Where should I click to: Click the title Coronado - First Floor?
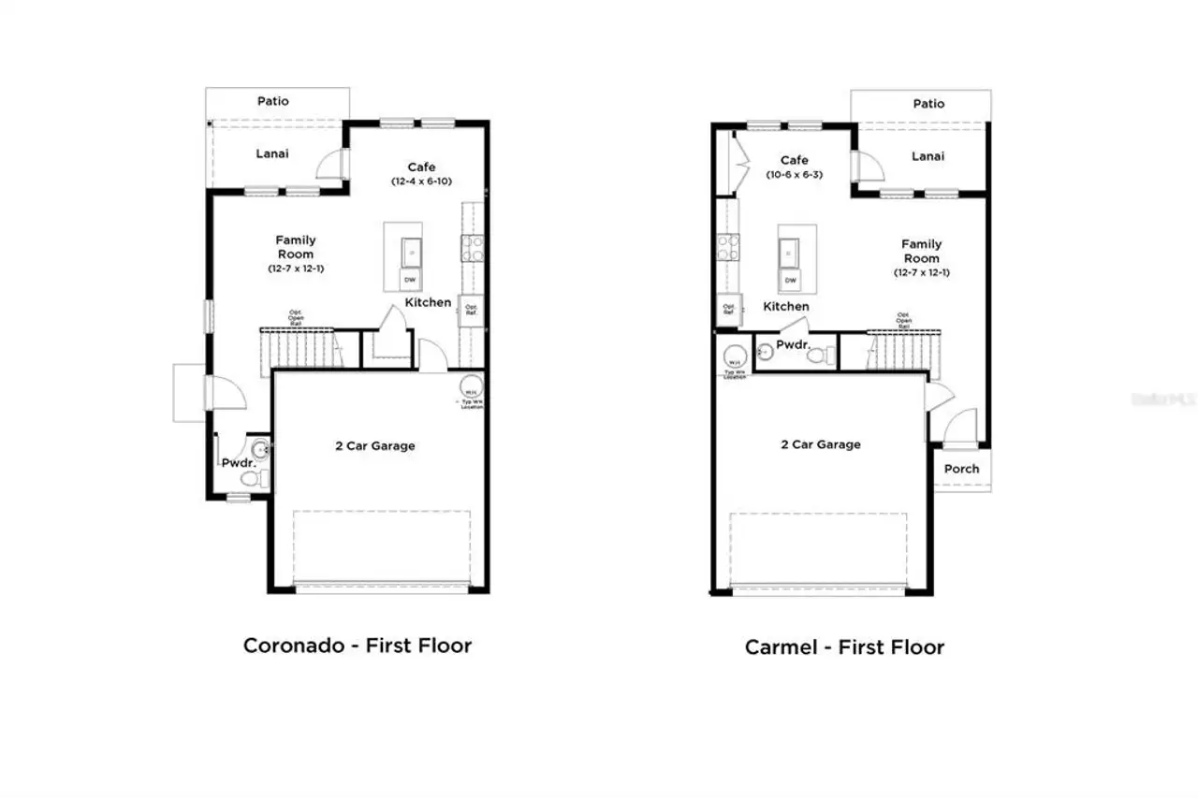pos(357,645)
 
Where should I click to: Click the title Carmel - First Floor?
pos(844,646)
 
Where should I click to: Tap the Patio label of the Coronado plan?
pos(273,101)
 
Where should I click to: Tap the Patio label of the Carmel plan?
pos(928,104)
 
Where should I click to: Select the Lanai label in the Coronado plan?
pos(272,153)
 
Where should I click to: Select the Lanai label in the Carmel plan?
pos(928,156)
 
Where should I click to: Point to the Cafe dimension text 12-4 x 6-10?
pos(421,181)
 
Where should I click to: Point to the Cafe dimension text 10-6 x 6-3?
pos(794,175)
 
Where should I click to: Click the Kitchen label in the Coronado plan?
pos(428,302)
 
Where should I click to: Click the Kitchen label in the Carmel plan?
pos(786,306)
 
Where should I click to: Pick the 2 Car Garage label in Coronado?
pos(375,446)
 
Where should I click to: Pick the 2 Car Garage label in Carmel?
pos(821,444)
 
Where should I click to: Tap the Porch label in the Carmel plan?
pos(961,469)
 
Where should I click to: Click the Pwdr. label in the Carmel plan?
pos(792,345)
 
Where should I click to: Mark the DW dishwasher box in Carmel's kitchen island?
pos(791,280)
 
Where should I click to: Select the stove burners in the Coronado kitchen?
pos(471,247)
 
